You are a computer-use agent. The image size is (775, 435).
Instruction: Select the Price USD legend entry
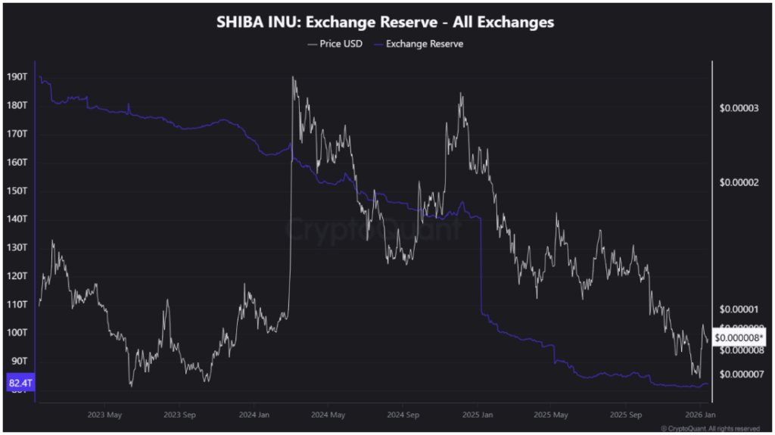pyautogui.click(x=335, y=44)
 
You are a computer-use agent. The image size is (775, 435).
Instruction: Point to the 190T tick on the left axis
pyautogui.click(x=17, y=77)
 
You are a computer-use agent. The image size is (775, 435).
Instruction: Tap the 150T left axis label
pyautogui.click(x=17, y=191)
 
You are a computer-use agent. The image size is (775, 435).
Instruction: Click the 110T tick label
pyautogui.click(x=17, y=304)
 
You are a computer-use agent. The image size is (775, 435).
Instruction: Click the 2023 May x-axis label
pyautogui.click(x=104, y=415)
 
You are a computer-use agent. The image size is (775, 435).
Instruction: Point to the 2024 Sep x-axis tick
pyautogui.click(x=403, y=415)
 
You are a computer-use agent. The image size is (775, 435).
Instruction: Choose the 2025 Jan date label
pyautogui.click(x=477, y=415)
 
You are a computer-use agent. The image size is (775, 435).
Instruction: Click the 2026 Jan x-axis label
pyautogui.click(x=700, y=415)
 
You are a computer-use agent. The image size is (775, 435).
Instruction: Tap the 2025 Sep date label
pyautogui.click(x=625, y=415)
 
